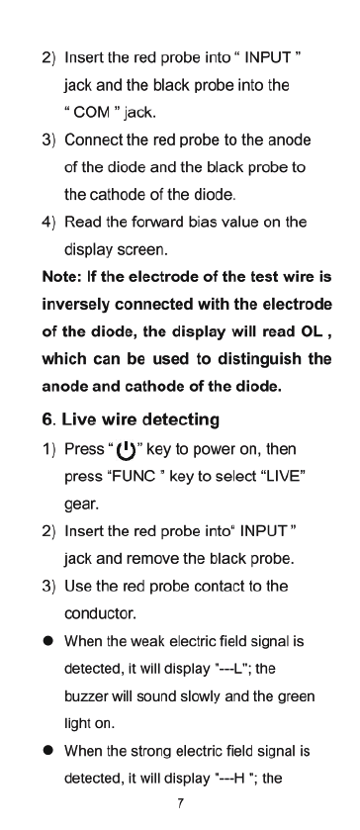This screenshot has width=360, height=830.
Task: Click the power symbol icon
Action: click(x=126, y=450)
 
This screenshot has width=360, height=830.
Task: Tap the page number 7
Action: click(x=181, y=803)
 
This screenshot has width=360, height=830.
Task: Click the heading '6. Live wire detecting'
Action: click(x=131, y=419)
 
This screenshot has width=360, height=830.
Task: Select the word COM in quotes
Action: click(x=92, y=113)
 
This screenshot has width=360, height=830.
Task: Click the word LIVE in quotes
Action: click(x=280, y=477)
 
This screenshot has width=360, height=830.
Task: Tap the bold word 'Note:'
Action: click(x=62, y=277)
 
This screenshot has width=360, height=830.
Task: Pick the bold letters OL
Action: click(x=312, y=331)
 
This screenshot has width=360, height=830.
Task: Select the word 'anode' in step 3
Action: click(x=289, y=140)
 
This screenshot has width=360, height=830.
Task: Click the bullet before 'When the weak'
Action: click(x=48, y=641)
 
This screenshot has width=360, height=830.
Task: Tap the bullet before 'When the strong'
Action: click(x=48, y=751)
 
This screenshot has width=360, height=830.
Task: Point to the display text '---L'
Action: click(x=230, y=669)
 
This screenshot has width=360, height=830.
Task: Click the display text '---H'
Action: click(x=232, y=779)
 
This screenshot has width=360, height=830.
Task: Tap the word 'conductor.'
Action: click(x=100, y=614)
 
